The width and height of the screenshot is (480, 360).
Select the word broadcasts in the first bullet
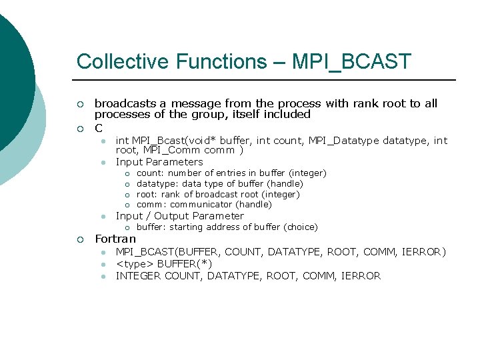125,103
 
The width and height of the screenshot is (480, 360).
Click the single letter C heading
99,127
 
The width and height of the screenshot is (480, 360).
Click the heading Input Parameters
159,162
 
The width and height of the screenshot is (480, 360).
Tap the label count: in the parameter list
150,173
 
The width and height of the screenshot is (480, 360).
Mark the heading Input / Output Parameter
180,216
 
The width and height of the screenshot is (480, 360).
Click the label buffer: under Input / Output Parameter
151,227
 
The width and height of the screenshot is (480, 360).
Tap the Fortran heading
115,239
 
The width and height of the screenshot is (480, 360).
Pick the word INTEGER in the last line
138,276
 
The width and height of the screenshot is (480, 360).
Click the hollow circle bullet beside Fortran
80,239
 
